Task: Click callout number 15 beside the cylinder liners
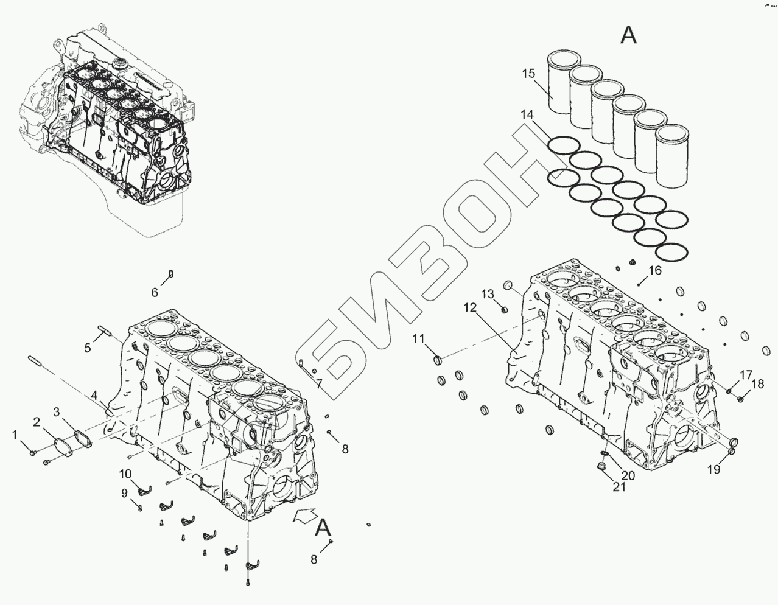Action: point(528,74)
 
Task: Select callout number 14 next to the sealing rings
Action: point(527,114)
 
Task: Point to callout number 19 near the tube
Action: point(713,469)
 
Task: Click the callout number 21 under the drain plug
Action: point(619,487)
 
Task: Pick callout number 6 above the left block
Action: point(155,293)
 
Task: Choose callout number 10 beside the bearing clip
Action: point(125,474)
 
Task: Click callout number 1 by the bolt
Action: point(15,434)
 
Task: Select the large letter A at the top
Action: point(628,35)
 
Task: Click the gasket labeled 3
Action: point(80,439)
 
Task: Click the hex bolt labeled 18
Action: point(740,399)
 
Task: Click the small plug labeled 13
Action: point(505,309)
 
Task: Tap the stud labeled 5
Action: point(105,332)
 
